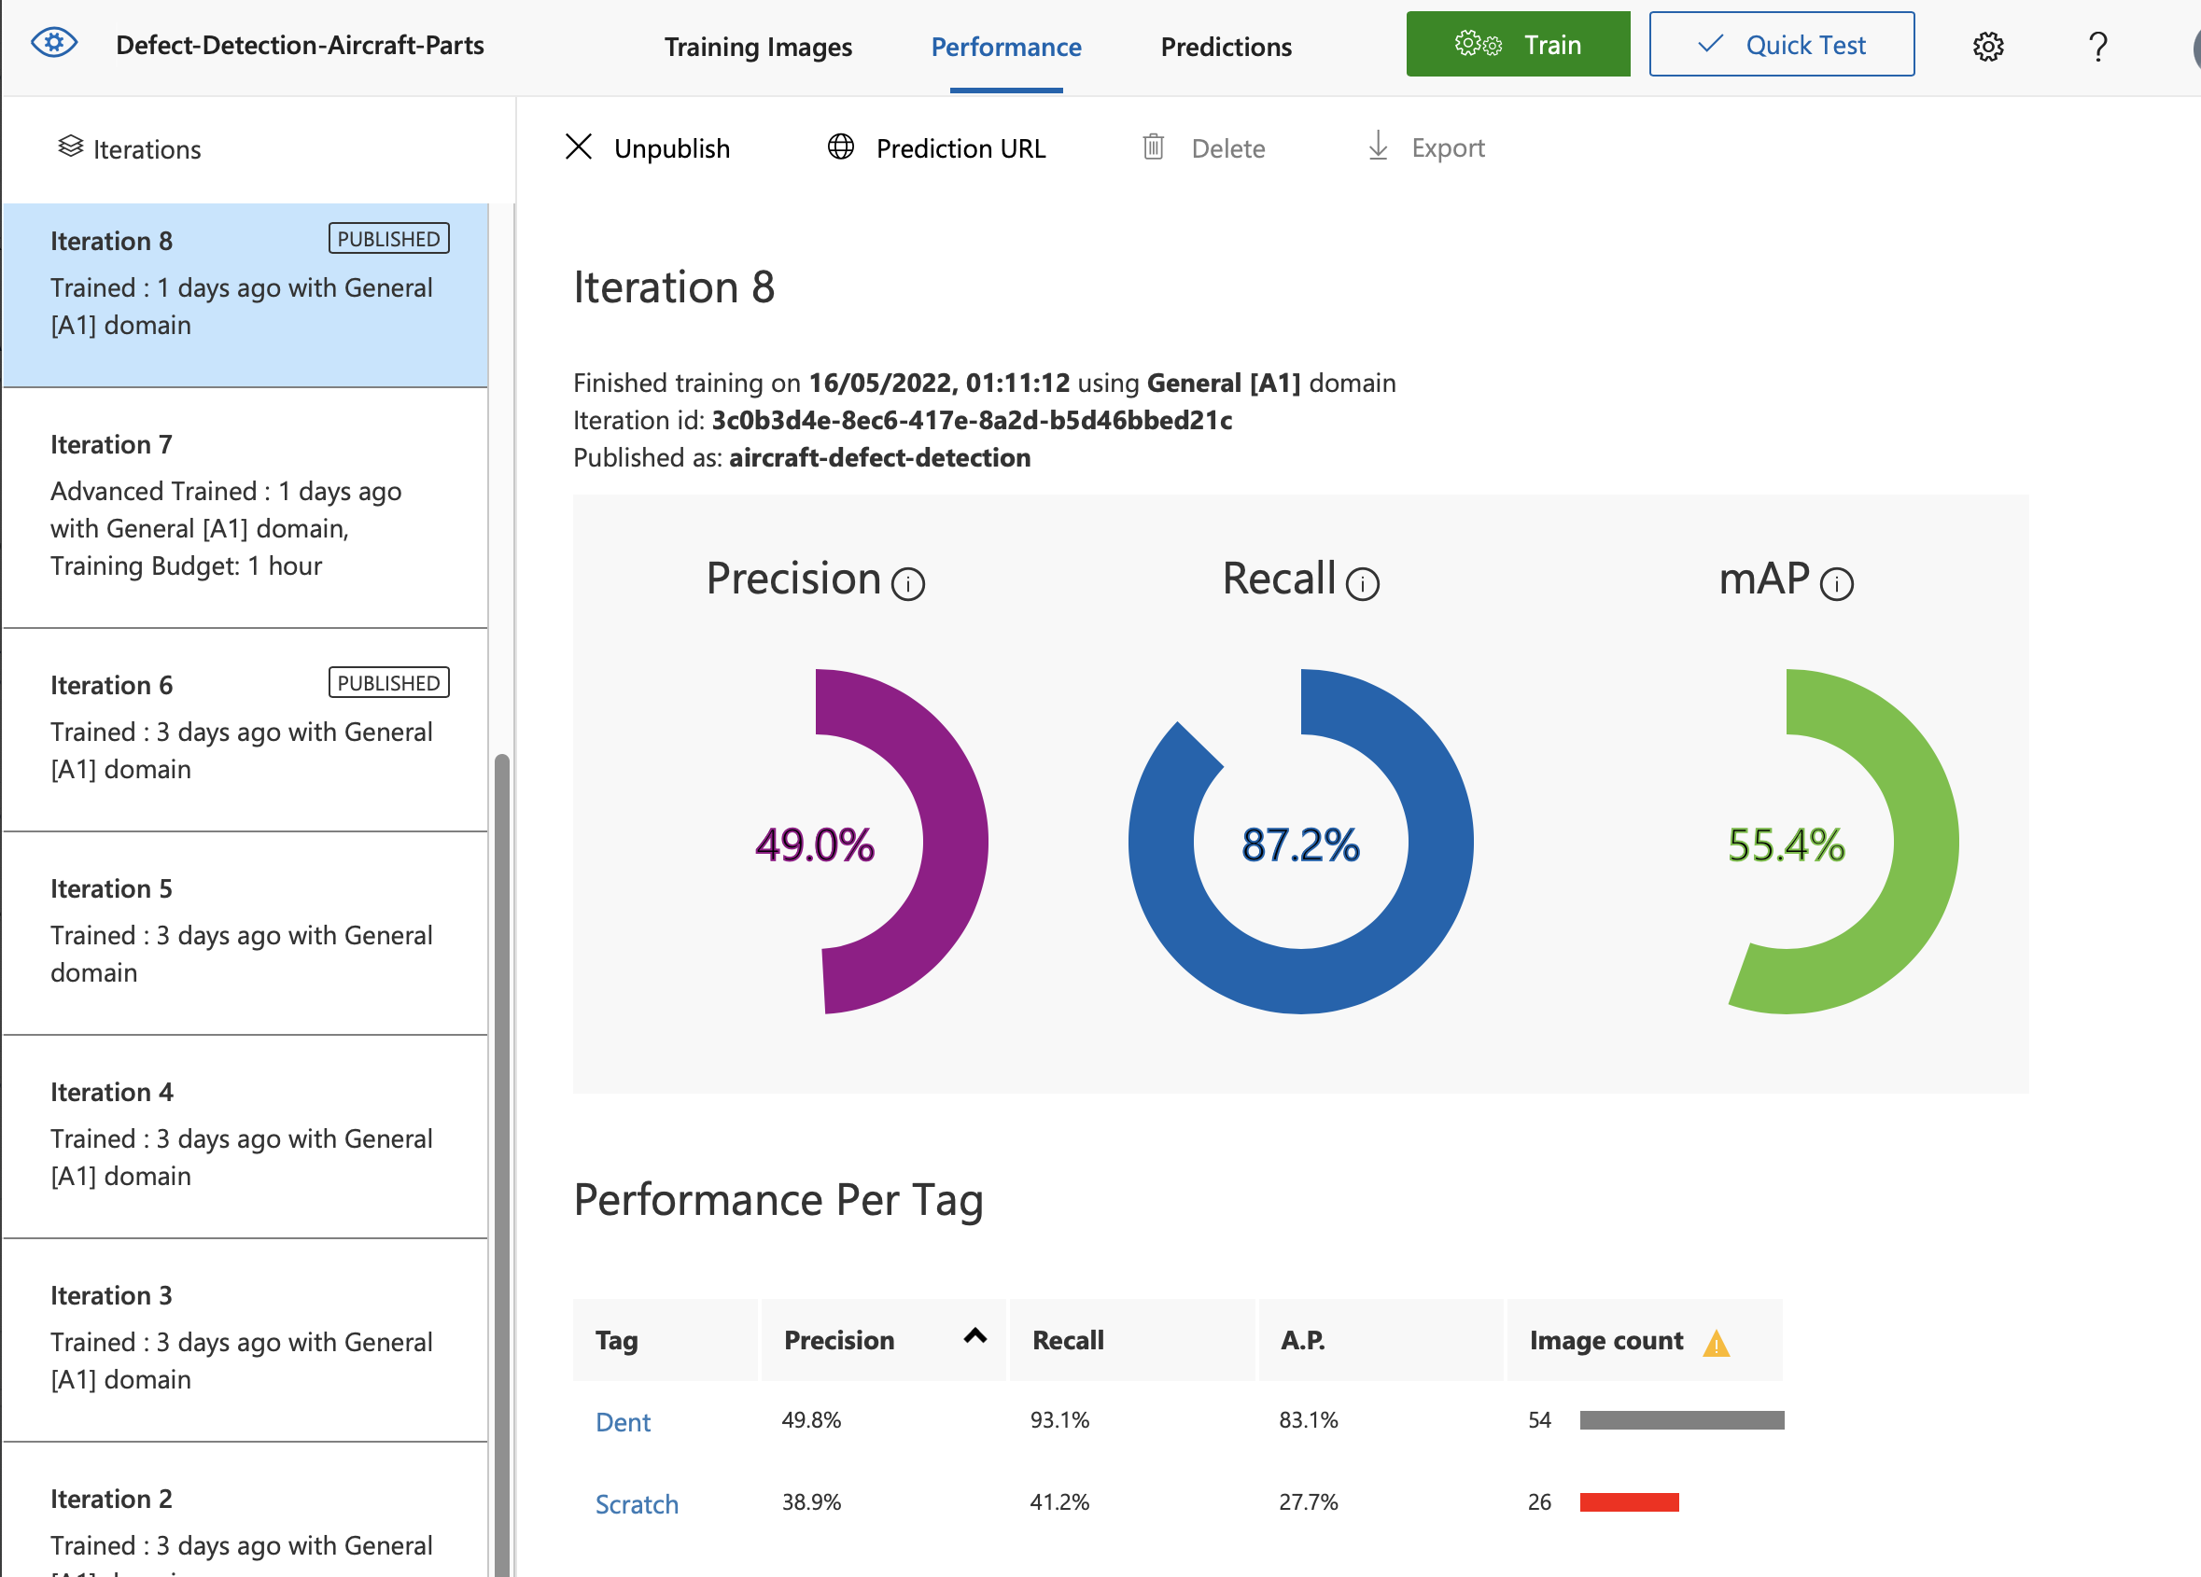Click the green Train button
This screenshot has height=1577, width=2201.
pyautogui.click(x=1517, y=45)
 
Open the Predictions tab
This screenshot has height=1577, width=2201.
pyautogui.click(x=1225, y=47)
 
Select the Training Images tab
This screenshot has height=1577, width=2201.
pyautogui.click(x=757, y=47)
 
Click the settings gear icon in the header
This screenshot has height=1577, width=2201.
pyautogui.click(x=1986, y=47)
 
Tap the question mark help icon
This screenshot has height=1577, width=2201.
pyautogui.click(x=2096, y=47)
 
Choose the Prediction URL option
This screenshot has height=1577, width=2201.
pyautogui.click(x=936, y=148)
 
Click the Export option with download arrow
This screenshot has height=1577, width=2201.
pyautogui.click(x=1425, y=148)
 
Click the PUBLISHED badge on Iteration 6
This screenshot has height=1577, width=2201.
pyautogui.click(x=388, y=682)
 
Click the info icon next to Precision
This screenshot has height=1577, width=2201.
pyautogui.click(x=907, y=584)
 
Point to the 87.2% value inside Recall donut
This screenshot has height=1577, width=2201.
pyautogui.click(x=1299, y=844)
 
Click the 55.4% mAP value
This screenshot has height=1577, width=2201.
pyautogui.click(x=1785, y=844)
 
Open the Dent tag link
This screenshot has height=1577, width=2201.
pyautogui.click(x=622, y=1422)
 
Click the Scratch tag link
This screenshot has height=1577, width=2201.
pyautogui.click(x=636, y=1503)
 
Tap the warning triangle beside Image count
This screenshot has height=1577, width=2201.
pyautogui.click(x=1715, y=1343)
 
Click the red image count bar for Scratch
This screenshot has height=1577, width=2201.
pyautogui.click(x=1628, y=1502)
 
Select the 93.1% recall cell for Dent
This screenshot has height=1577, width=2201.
pyautogui.click(x=1058, y=1420)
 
